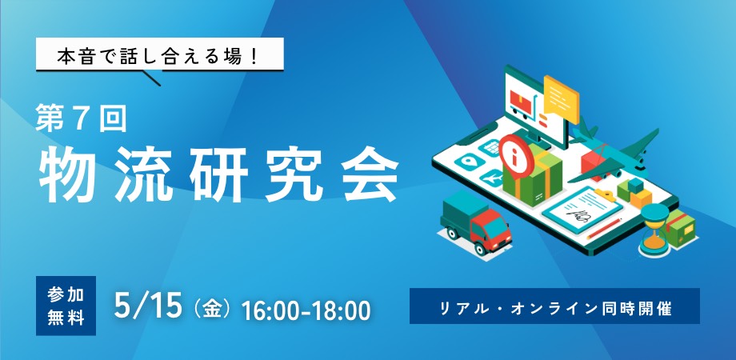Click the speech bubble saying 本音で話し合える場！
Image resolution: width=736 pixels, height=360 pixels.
[x=159, y=54]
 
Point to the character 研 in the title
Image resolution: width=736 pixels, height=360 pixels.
[x=218, y=174]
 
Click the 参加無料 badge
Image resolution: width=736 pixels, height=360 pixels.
[x=66, y=306]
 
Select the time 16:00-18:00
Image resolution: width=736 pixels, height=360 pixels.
[x=306, y=310]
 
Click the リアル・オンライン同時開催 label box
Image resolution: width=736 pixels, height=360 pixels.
[x=555, y=306]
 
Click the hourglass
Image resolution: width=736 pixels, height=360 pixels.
[x=654, y=230]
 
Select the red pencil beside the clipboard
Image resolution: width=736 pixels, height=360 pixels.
[x=604, y=229]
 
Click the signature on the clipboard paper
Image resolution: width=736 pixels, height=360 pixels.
[x=577, y=215]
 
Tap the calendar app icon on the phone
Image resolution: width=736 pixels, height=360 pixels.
[x=491, y=148]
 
